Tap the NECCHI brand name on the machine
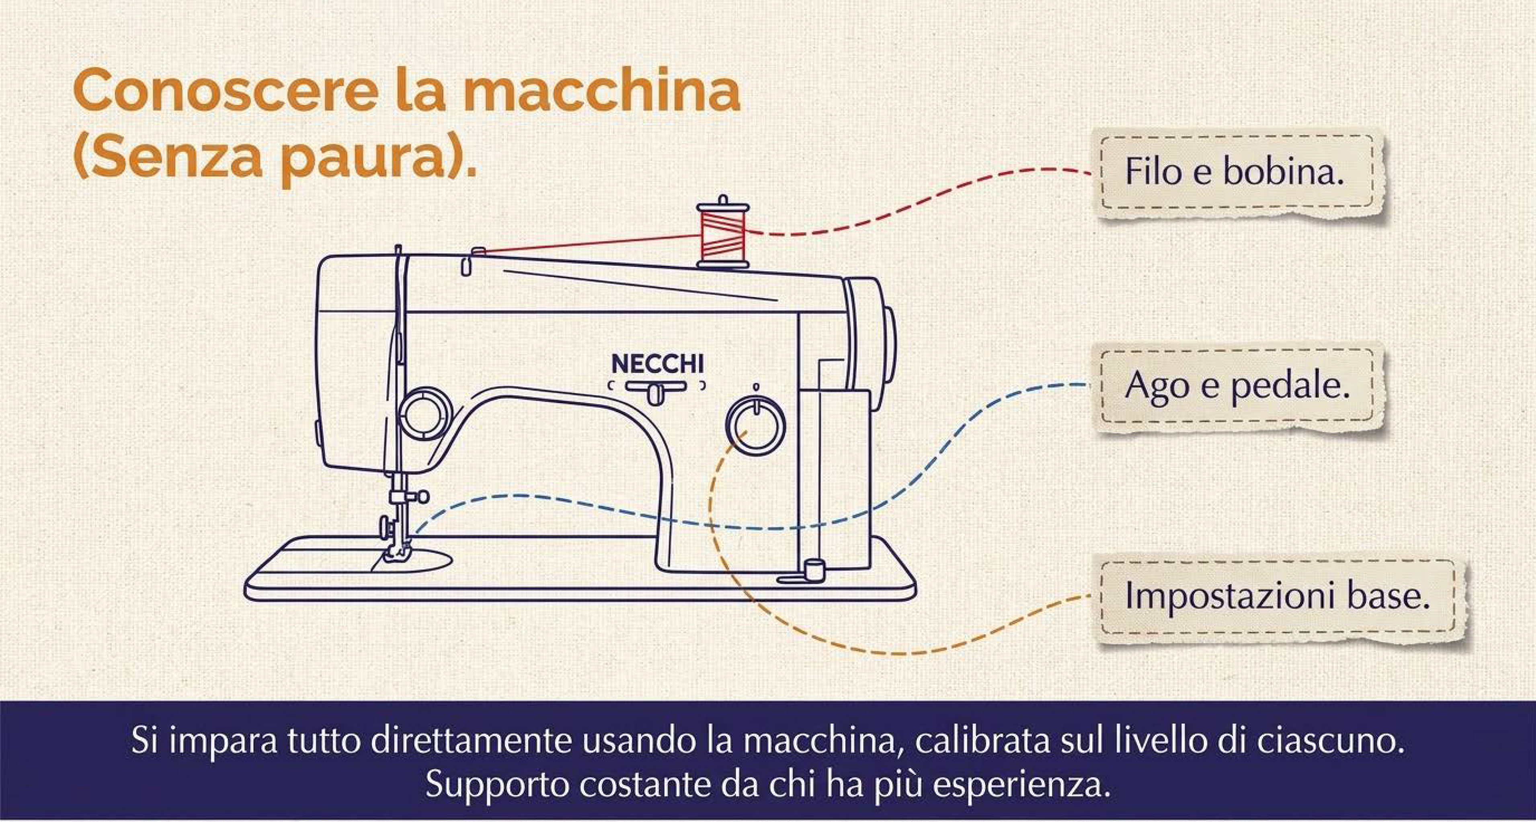pos(658,364)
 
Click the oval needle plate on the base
pos(411,560)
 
